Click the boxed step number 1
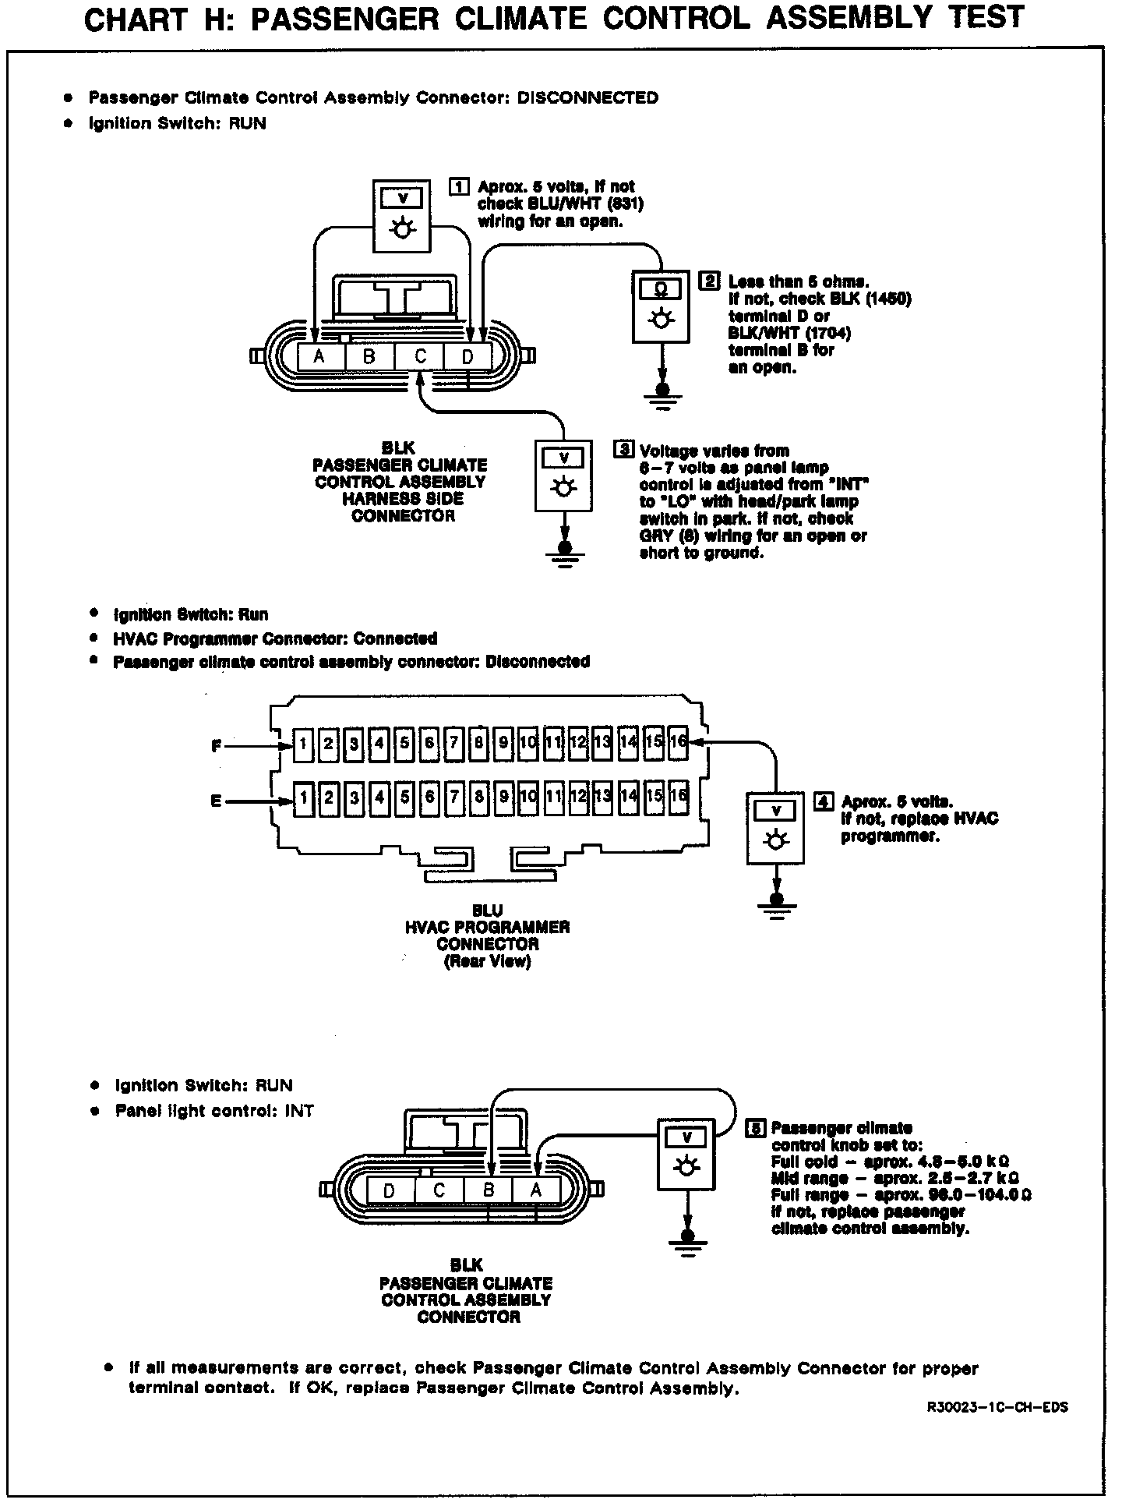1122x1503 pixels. [460, 186]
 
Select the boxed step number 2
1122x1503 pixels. [711, 281]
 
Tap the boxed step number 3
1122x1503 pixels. [623, 450]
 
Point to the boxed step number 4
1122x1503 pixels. [824, 801]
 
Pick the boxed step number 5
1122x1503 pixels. [755, 1128]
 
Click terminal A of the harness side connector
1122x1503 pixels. [319, 357]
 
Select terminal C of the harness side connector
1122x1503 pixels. [419, 357]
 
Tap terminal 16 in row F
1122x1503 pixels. [678, 742]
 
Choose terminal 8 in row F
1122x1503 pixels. [479, 743]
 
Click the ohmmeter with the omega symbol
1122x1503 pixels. [660, 306]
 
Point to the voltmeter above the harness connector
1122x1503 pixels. [402, 215]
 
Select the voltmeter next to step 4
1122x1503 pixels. [775, 828]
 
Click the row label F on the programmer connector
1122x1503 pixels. [216, 746]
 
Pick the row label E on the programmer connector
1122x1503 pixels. [216, 801]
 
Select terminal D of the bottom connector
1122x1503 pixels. [390, 1190]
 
